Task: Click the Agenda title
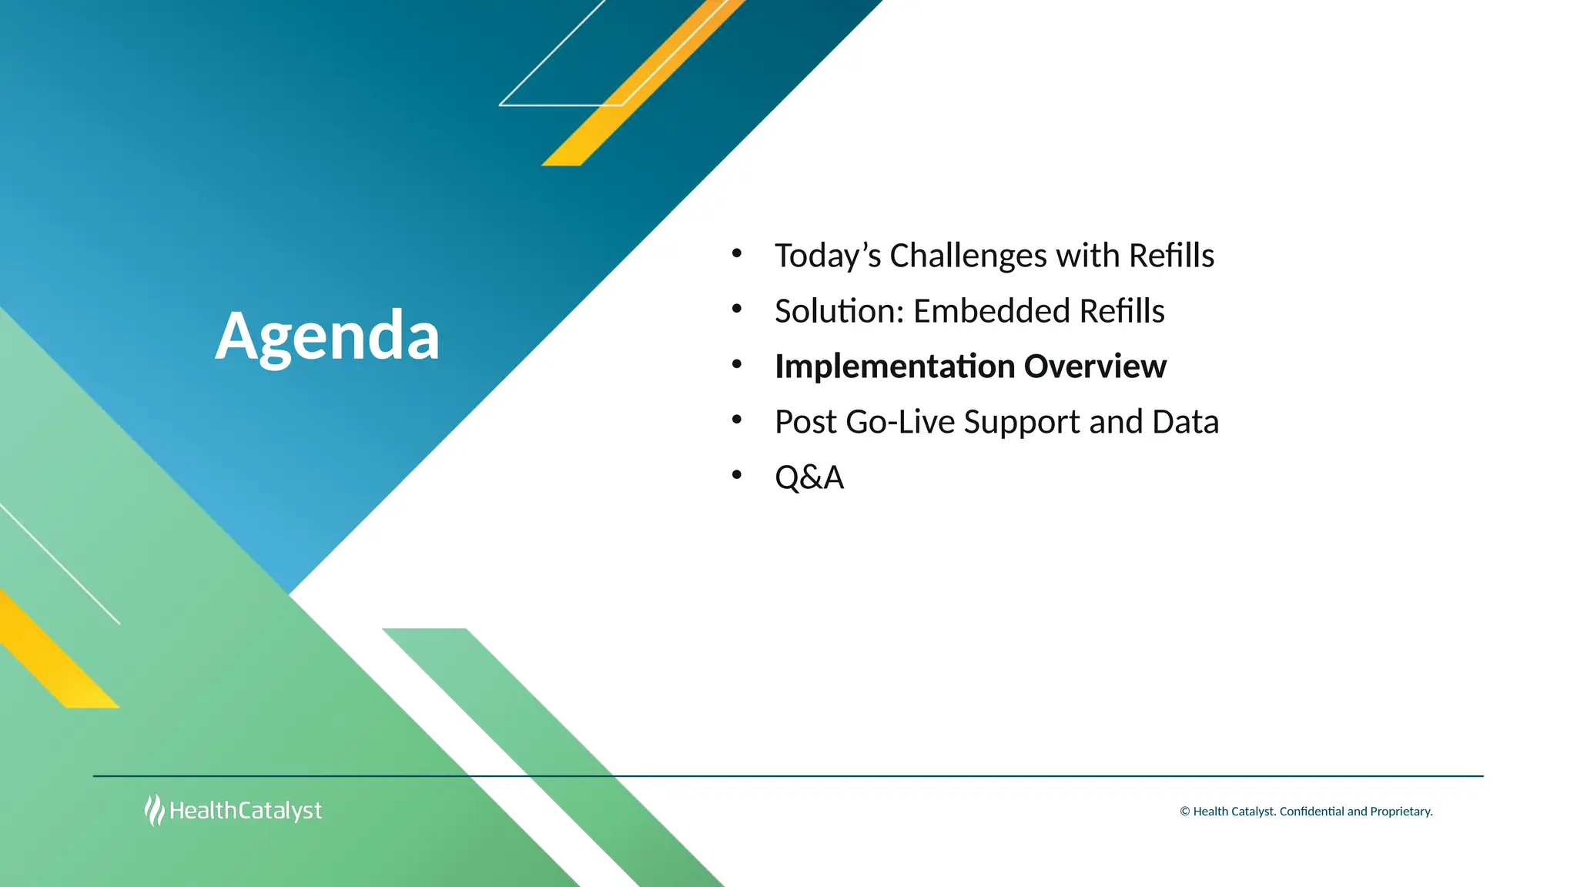click(327, 336)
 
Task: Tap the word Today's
click(828, 256)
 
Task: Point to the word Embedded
click(992, 311)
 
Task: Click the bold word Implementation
click(895, 367)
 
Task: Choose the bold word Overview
click(1095, 367)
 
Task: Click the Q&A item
click(809, 477)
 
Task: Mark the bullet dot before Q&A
click(737, 475)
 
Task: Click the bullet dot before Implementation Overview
click(737, 364)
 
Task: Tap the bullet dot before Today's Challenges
click(737, 253)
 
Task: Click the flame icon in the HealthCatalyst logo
click(154, 810)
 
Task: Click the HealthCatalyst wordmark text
click(246, 811)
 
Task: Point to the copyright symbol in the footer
click(1185, 812)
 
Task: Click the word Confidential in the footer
click(1311, 812)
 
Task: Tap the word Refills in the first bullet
click(1171, 256)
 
